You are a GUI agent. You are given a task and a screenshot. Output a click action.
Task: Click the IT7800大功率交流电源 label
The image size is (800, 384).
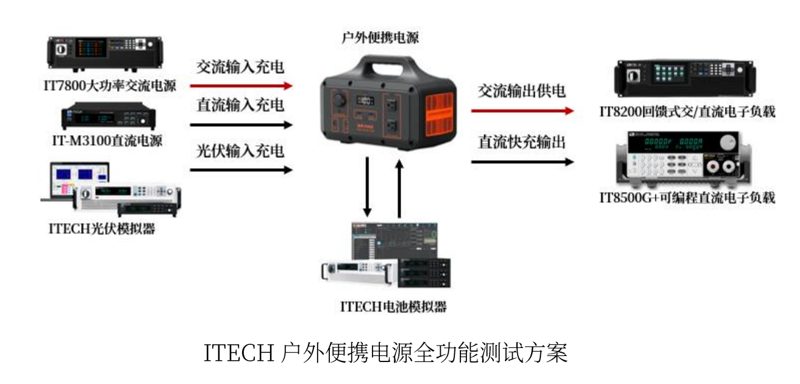pos(110,86)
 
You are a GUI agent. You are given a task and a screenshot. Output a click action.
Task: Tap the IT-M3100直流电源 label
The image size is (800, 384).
pos(107,141)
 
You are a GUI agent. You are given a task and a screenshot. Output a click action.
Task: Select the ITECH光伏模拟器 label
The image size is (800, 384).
pos(102,229)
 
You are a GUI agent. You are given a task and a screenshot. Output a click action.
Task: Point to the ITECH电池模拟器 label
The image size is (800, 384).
pos(393,307)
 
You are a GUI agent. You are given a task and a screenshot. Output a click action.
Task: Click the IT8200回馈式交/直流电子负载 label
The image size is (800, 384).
pos(687,112)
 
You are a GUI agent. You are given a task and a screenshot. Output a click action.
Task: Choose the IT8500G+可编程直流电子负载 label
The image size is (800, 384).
pos(687,197)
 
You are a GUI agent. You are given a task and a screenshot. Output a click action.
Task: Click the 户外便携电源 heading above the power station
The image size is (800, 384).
pos(380,37)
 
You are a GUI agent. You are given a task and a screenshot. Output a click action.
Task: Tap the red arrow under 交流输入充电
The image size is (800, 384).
pos(241,86)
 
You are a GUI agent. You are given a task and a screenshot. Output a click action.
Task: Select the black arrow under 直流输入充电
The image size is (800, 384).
pos(241,125)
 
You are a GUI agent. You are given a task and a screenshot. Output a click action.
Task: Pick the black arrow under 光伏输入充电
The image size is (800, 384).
pos(241,170)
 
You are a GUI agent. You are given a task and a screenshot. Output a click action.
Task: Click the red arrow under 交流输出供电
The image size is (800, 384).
pos(523,111)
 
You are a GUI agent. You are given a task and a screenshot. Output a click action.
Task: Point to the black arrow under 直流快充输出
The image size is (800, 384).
pos(523,162)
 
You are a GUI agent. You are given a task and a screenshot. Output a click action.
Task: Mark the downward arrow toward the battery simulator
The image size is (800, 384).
pos(367,187)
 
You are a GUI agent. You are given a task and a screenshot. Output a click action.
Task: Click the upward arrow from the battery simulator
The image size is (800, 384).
pos(399,188)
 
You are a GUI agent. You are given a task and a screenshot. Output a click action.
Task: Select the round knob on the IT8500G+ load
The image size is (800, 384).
pos(728,143)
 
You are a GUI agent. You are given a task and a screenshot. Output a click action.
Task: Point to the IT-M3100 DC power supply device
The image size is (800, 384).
pos(108,116)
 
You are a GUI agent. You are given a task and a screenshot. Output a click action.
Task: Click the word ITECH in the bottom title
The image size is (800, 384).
pos(238,353)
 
